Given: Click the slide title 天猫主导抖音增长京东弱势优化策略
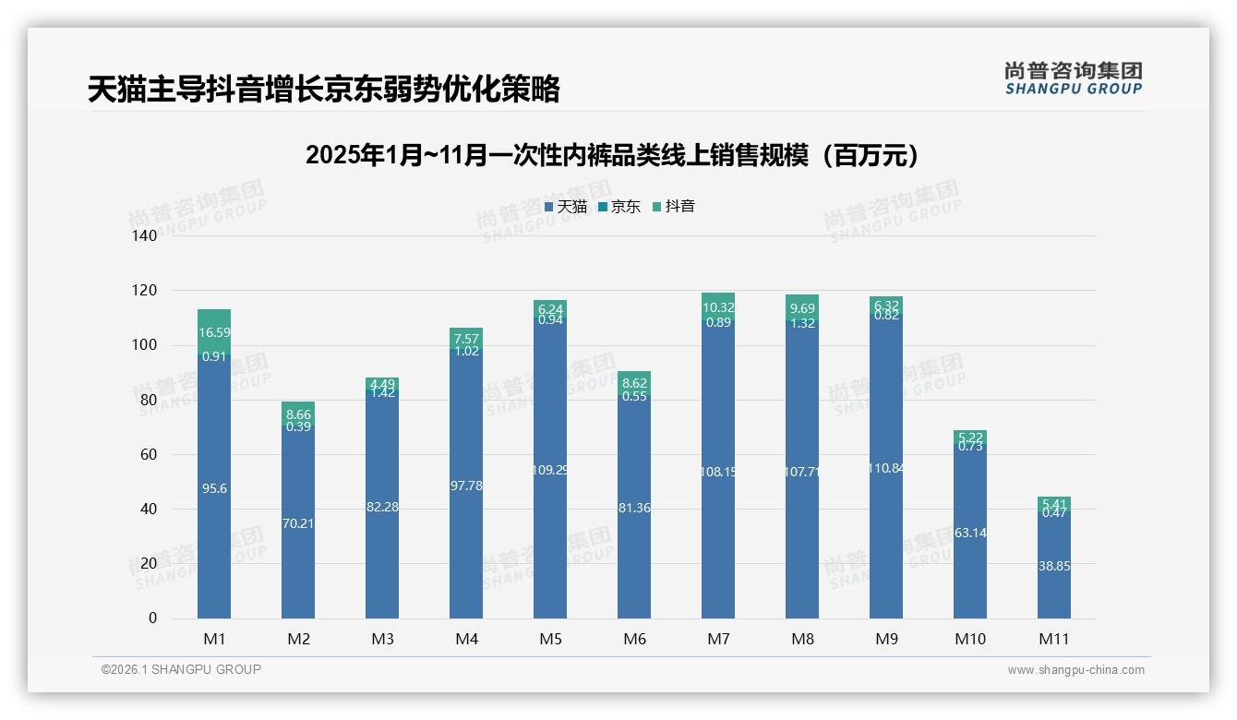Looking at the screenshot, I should pos(323,90).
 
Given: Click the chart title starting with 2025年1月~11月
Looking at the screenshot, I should pos(613,155).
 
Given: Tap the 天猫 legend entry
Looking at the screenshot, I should pos(566,207).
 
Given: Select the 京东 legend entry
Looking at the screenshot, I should pos(619,207).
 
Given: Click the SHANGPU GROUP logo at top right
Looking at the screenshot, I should pos(1073,78).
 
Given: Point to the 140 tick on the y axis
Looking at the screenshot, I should pos(145,236).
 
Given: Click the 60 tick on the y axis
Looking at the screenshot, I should pos(149,454).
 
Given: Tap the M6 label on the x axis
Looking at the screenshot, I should pos(634,639).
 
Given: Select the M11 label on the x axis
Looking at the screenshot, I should pos(1054,639).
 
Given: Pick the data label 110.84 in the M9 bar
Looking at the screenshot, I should pos(886,469).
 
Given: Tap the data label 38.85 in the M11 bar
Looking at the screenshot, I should pos(1054,566).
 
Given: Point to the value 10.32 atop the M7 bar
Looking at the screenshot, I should pos(718,307).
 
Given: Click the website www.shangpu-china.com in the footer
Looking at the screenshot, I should pos(1075,670).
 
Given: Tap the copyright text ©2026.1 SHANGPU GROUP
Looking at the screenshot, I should pos(181,669).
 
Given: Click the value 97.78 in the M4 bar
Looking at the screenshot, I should pos(466,486).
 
